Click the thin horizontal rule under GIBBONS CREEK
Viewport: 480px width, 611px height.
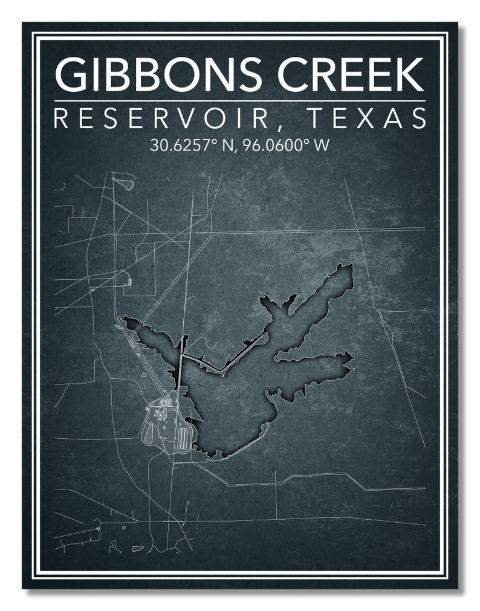[239, 100]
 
